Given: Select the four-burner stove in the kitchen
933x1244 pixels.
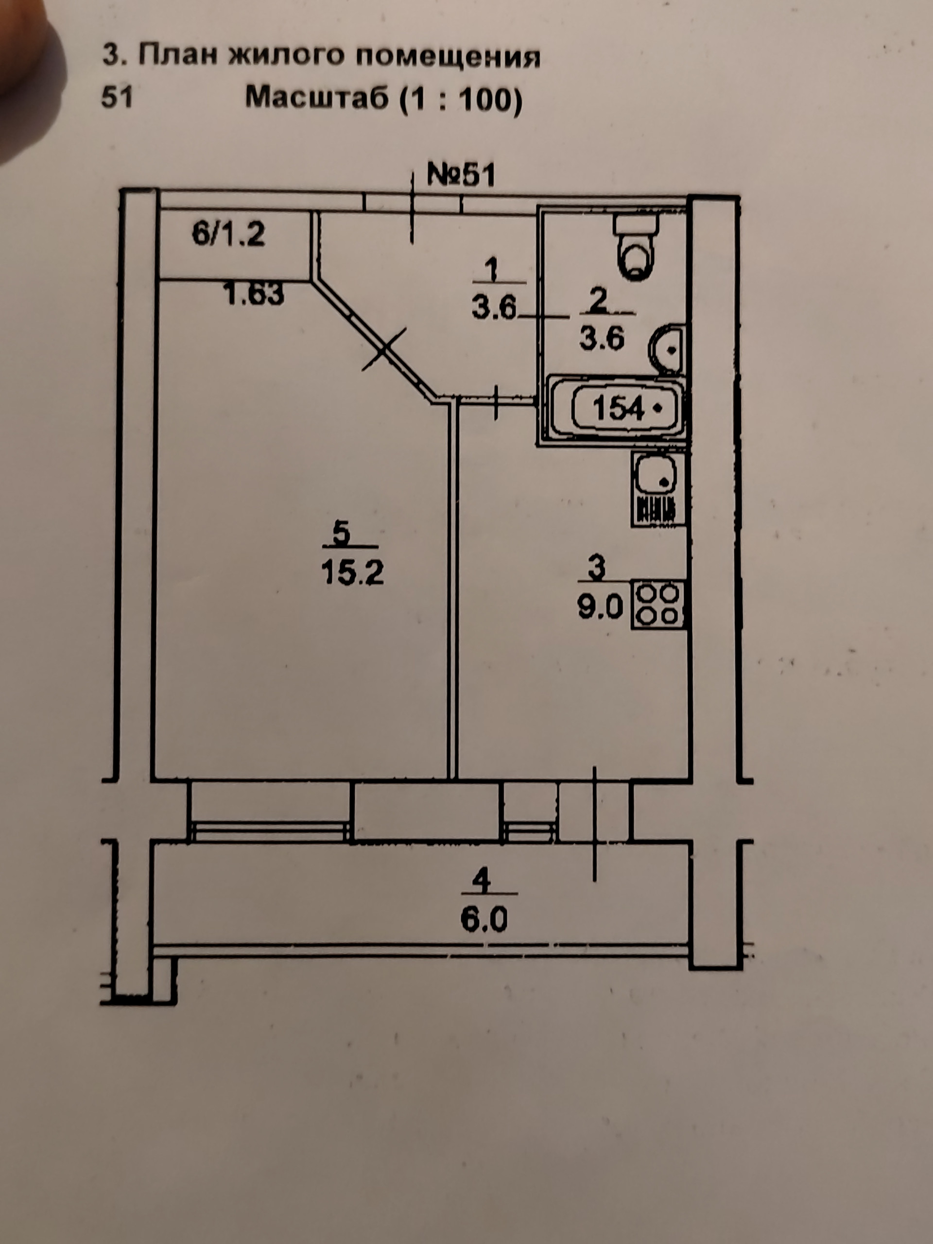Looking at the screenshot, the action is click(x=658, y=605).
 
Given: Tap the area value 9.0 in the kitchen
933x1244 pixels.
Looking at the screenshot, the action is click(x=600, y=608).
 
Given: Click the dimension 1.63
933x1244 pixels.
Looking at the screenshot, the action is click(x=254, y=294).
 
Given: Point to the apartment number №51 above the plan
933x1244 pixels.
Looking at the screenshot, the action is click(x=461, y=175).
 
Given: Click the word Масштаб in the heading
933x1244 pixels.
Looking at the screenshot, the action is click(x=317, y=99).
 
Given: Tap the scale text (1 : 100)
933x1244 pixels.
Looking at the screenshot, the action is click(x=461, y=100).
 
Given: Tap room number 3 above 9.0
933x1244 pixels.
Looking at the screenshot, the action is click(x=597, y=568).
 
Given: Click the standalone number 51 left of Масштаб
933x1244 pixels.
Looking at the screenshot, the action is click(x=117, y=97).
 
